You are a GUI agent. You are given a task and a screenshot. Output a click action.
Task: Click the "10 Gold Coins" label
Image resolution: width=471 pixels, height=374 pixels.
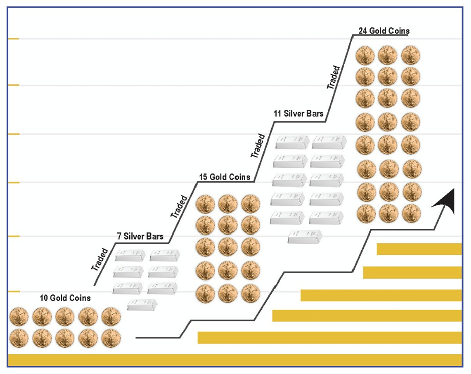coord(65,298)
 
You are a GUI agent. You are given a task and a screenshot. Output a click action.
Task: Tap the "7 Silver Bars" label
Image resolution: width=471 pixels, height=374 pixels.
coord(140,236)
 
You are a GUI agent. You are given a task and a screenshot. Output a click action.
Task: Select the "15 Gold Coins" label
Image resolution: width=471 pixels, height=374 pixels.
coord(224,177)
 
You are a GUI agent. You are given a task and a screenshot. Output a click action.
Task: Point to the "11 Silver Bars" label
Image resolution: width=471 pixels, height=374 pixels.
coord(298,114)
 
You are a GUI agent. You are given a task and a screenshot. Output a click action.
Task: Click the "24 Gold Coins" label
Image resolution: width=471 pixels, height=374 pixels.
coord(383,31)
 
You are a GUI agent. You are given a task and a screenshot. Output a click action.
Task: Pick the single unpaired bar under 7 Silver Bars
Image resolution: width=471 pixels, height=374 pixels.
coord(142,304)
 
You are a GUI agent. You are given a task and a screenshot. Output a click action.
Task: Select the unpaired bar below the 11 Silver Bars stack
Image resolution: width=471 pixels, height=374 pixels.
coord(304,236)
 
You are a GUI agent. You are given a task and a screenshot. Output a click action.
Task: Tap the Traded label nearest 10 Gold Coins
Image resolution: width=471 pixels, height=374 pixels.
coord(100,259)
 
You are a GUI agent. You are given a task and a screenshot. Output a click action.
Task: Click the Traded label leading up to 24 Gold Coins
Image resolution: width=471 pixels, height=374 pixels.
coord(334,77)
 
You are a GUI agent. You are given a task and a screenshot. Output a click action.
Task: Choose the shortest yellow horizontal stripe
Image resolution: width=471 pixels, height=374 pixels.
coord(419,249)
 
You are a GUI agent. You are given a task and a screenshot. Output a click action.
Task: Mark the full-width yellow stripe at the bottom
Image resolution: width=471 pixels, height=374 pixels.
coord(235,360)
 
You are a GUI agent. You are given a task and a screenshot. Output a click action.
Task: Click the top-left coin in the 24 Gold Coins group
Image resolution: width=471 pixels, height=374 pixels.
coord(365,55)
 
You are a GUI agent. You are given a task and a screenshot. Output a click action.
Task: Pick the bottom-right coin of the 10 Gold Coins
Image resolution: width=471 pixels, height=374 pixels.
coord(111,338)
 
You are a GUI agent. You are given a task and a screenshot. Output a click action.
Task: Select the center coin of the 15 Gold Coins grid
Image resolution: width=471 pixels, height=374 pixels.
coord(228,248)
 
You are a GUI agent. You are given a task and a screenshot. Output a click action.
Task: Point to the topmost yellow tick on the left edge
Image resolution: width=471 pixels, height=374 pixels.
coord(13,39)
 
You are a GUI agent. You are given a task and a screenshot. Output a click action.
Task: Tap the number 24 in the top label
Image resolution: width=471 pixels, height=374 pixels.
coord(363,31)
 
